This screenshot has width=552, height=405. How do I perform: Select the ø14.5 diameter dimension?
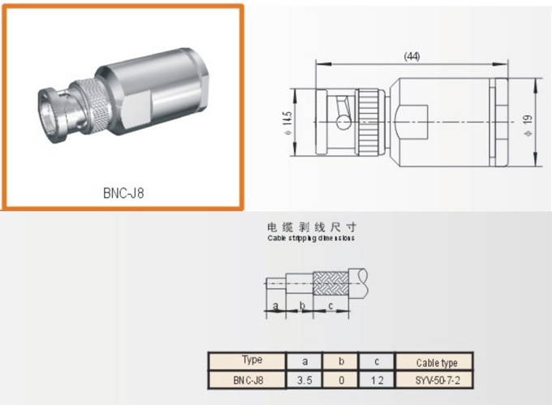pos(287,122)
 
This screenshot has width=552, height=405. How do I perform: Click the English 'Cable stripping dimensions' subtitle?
pos(311,239)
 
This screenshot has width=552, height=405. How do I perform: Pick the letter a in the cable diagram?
pos(277,306)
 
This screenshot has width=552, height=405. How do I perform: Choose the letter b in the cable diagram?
pos(302,306)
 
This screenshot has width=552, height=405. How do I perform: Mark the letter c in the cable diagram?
pos(330,306)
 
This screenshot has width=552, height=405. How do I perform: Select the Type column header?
pos(252,360)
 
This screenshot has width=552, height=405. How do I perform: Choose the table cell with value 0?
pos(340,379)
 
